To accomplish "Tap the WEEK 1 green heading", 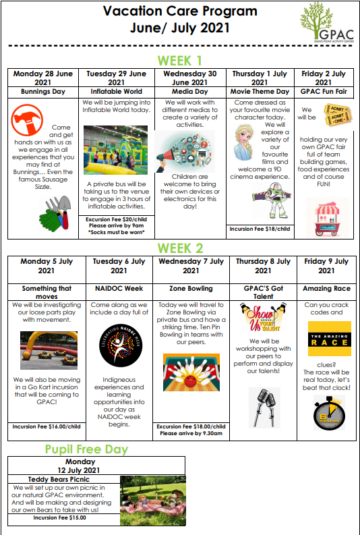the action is click(179, 59).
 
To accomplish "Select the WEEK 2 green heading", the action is click(179, 248).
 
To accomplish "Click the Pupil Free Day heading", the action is click(86, 449).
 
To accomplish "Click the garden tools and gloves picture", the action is click(53, 213).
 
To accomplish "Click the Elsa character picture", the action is click(245, 144).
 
